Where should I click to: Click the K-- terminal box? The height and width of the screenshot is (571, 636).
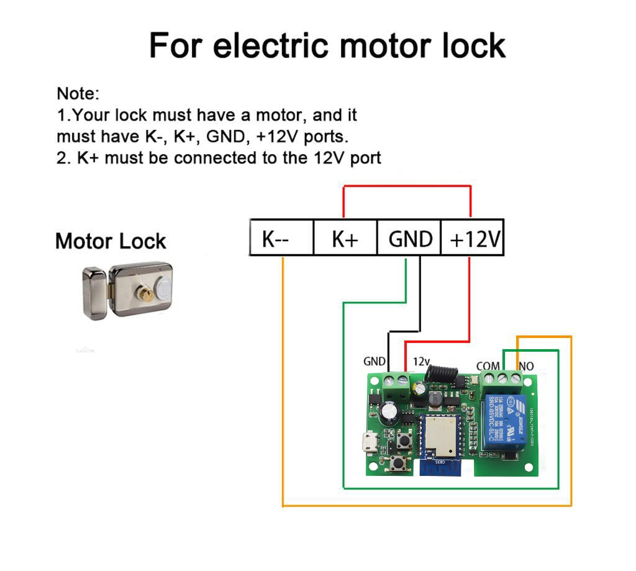(281, 238)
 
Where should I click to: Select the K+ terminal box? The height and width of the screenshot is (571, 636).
(345, 238)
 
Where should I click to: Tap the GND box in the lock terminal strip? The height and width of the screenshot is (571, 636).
(409, 238)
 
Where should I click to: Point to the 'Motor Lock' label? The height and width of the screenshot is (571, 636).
(111, 241)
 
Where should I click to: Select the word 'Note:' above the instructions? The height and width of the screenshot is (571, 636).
(78, 94)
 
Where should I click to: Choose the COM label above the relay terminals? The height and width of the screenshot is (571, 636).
(488, 366)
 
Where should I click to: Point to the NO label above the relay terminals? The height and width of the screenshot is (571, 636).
(526, 366)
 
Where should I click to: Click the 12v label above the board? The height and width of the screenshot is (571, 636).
(422, 361)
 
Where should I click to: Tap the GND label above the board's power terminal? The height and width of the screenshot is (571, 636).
(375, 361)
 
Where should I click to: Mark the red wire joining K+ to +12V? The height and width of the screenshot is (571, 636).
(407, 185)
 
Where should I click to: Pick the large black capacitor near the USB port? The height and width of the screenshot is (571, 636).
(393, 412)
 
